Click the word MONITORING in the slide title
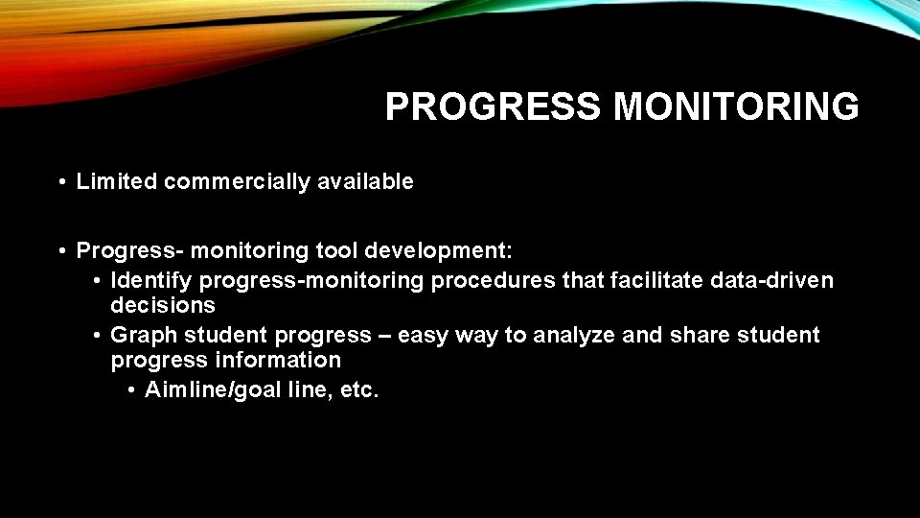[x=736, y=107]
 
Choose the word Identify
[x=151, y=280]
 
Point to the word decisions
[x=163, y=305]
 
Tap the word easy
[x=423, y=335]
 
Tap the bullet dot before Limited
[x=60, y=181]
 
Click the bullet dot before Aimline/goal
[x=129, y=389]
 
